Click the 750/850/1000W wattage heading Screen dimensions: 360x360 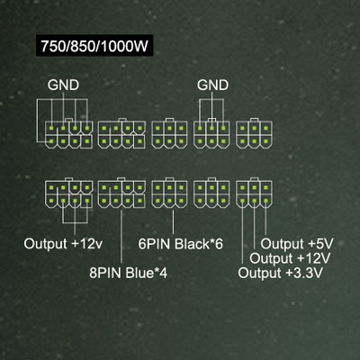(x=94, y=46)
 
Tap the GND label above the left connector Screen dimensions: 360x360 (x=63, y=85)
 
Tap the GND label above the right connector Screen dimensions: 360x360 (x=212, y=85)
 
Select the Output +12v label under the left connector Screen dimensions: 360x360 (x=63, y=244)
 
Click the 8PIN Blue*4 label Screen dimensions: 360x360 (x=128, y=273)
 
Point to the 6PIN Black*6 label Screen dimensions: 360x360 (x=181, y=244)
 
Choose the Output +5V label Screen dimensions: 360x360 (x=297, y=244)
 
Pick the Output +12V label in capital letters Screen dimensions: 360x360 (x=290, y=258)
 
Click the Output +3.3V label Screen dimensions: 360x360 (x=281, y=273)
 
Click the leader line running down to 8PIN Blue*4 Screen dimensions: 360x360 (x=121, y=237)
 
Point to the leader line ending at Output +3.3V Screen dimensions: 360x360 (x=242, y=231)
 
